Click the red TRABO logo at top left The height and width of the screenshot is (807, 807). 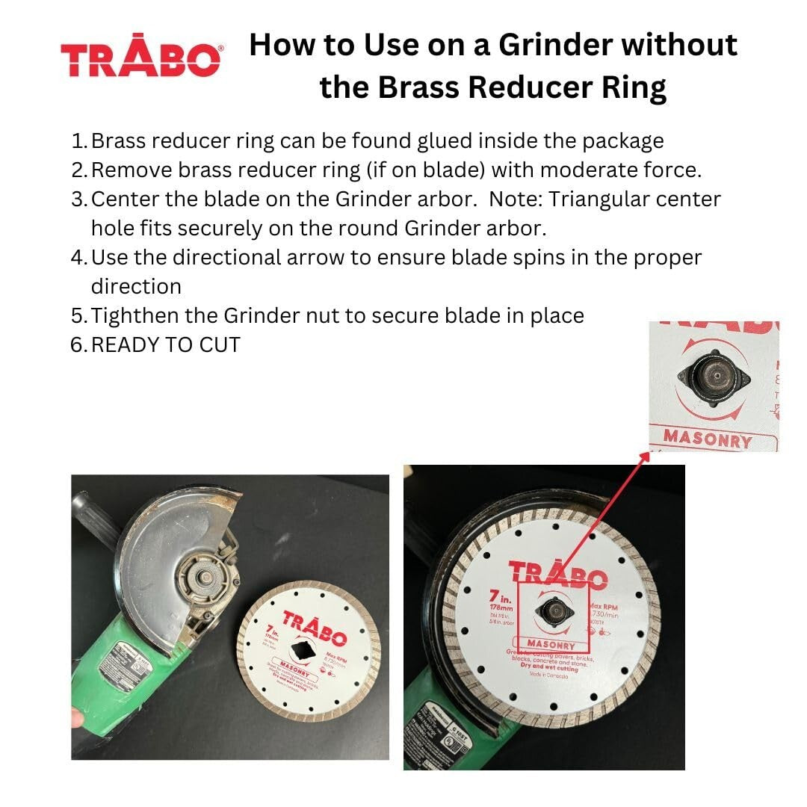[x=141, y=59]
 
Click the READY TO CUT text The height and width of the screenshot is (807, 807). [x=166, y=344]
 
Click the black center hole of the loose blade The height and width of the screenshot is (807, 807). [x=303, y=644]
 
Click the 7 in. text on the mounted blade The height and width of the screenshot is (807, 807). [x=498, y=599]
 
